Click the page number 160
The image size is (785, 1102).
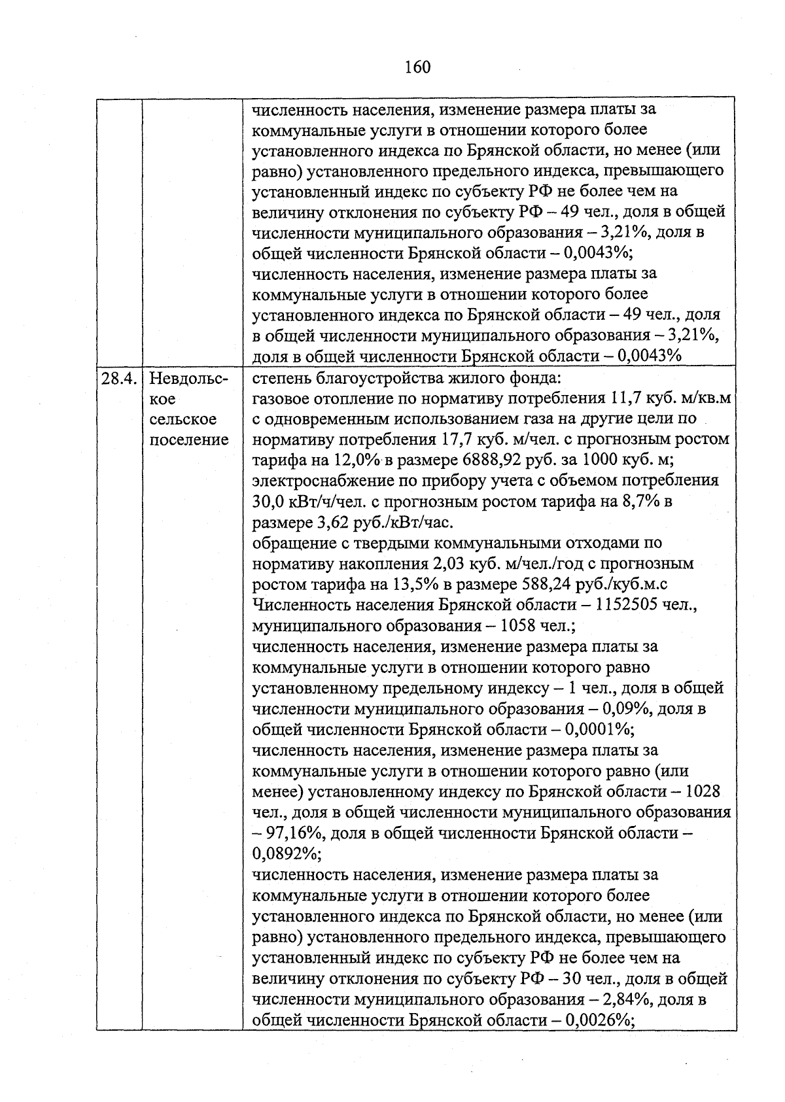click(417, 67)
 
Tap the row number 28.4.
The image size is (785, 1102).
click(119, 379)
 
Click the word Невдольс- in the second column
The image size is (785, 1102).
click(188, 379)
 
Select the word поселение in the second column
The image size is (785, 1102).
click(189, 439)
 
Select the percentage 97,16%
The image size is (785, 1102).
click(296, 833)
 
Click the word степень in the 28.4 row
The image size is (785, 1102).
click(281, 379)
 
